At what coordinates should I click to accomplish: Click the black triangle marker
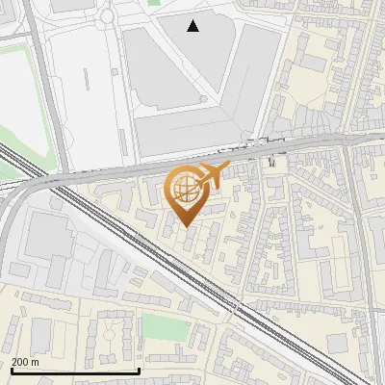tap(193, 26)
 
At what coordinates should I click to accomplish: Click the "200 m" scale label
tap(26, 362)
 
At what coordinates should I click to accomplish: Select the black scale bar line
tap(75, 371)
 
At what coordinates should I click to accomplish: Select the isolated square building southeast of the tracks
tap(337, 343)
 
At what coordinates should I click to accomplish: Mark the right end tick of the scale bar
tap(140, 369)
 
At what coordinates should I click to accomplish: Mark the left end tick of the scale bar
tap(11, 369)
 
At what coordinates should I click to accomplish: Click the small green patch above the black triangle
tap(154, 3)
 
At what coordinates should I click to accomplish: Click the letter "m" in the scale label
tap(36, 362)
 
